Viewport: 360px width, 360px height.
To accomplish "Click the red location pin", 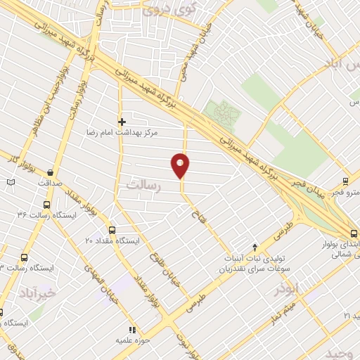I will (x=181, y=165).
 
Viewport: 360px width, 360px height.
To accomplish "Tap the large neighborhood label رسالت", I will (x=144, y=185).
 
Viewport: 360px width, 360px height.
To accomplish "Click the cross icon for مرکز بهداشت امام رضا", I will (x=122, y=122).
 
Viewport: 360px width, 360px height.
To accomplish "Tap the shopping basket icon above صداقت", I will (x=50, y=172).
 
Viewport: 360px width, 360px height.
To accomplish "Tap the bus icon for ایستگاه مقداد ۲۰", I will (x=112, y=229).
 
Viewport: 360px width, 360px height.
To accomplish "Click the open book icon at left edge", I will (x=10, y=183).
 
